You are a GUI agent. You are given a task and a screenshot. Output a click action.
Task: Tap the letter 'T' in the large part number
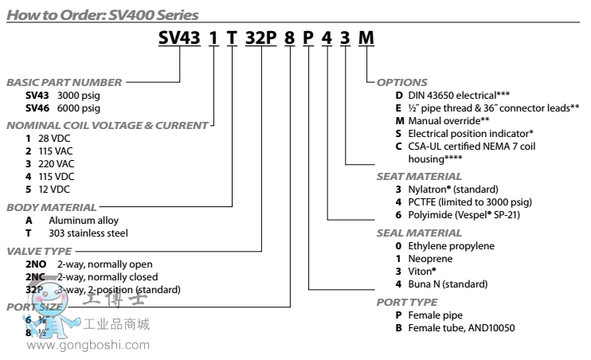click(x=233, y=40)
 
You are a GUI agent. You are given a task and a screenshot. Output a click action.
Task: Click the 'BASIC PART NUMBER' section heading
click(x=64, y=82)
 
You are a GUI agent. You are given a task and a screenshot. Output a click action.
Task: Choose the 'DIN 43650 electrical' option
click(x=436, y=95)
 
